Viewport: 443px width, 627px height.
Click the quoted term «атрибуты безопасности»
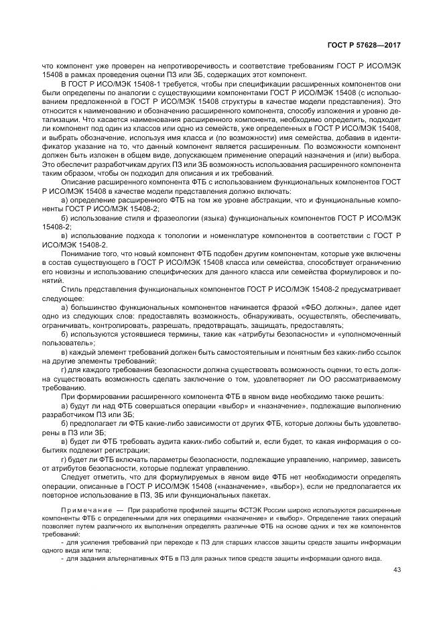point(263,333)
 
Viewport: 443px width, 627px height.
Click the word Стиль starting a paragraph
point(72,288)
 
